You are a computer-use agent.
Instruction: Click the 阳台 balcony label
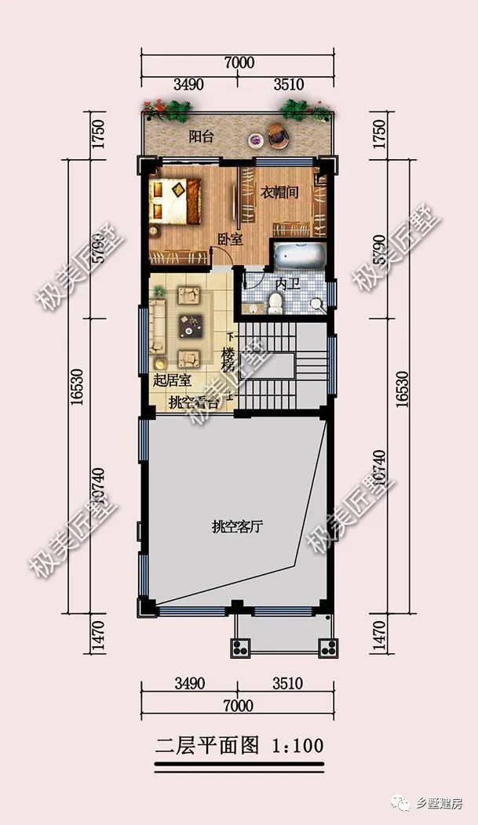pos(202,136)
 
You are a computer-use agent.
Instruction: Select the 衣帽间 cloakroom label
pos(279,191)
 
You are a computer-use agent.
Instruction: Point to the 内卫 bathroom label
pos(287,283)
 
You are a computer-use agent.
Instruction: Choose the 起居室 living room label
pos(173,381)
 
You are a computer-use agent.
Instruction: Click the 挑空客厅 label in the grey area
pos(236,526)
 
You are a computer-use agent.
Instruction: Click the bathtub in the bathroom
pos(299,256)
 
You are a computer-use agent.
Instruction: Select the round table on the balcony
pos(255,140)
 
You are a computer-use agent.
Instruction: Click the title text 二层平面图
pos(207,745)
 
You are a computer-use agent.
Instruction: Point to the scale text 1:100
pos(297,745)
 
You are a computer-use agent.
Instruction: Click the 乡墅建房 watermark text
pos(439,804)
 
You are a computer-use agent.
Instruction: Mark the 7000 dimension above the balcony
pos(238,63)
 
